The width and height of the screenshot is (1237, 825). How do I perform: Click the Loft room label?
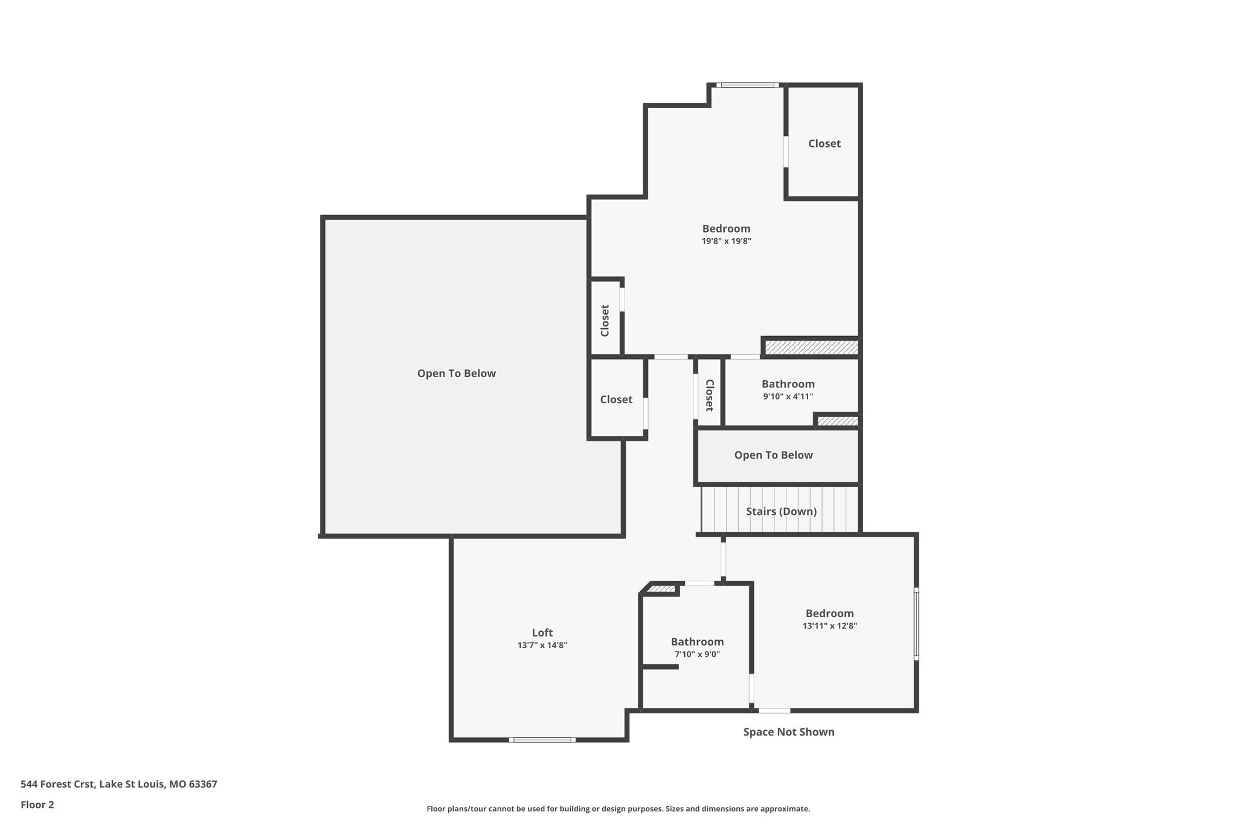pyautogui.click(x=542, y=633)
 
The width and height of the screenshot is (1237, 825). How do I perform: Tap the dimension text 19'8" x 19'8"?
pyautogui.click(x=726, y=241)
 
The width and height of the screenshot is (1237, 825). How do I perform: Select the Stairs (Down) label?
pyautogui.click(x=781, y=511)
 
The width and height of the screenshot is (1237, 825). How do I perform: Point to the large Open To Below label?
pyautogui.click(x=456, y=374)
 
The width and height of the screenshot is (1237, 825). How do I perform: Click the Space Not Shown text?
pyautogui.click(x=788, y=732)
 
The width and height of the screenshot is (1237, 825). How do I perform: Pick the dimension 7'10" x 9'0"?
pyautogui.click(x=697, y=655)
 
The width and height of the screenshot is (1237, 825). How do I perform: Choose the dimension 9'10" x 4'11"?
pyautogui.click(x=788, y=397)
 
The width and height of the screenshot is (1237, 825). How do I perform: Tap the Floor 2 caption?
pyautogui.click(x=37, y=804)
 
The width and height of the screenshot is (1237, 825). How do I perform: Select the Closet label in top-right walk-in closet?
pyautogui.click(x=824, y=143)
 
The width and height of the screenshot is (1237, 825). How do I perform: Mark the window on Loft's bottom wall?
pyautogui.click(x=542, y=740)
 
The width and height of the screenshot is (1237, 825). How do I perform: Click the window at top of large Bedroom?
pyautogui.click(x=748, y=85)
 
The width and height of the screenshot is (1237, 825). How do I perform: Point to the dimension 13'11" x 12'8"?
pyautogui.click(x=829, y=626)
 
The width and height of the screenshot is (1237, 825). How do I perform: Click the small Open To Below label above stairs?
pyautogui.click(x=773, y=455)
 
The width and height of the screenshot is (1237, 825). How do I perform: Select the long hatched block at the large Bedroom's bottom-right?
pyautogui.click(x=811, y=348)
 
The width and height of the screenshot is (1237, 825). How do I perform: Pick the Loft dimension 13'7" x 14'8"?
pyautogui.click(x=542, y=645)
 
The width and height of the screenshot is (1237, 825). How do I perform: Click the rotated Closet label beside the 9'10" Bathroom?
pyautogui.click(x=710, y=395)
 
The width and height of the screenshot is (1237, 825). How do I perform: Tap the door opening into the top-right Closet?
pyautogui.click(x=786, y=151)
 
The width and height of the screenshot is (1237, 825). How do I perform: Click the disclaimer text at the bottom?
pyautogui.click(x=618, y=809)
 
